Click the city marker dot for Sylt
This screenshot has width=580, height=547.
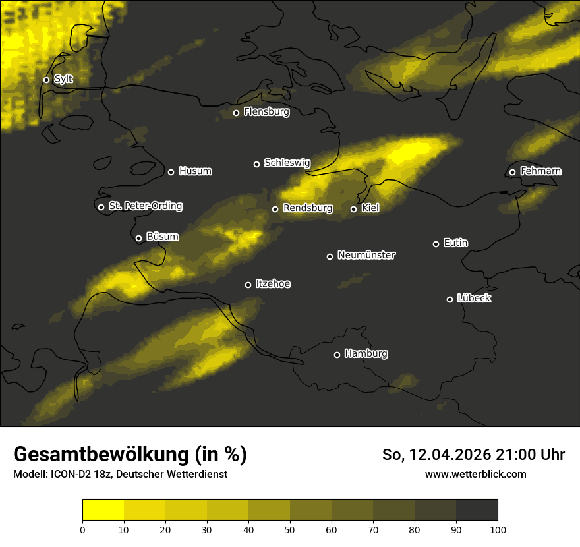pos(46,80)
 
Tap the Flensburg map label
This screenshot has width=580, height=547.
pos(266,112)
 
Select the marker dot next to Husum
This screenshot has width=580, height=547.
pos(171,172)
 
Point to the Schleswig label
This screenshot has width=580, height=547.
pos(287,163)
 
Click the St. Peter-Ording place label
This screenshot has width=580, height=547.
pos(145,206)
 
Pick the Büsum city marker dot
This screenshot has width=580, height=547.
pos(138,239)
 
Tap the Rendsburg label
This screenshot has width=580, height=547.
pos(307,208)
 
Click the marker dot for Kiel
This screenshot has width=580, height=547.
pos(353,209)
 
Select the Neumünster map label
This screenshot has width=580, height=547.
pos(366,255)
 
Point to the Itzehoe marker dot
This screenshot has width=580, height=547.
pos(248,285)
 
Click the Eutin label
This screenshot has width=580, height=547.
pos(455,243)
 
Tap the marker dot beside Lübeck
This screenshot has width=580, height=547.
pos(449,299)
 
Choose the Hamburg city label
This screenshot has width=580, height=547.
pos(366,354)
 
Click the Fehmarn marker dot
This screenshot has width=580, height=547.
pos(512,173)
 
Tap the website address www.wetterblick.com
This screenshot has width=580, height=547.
pos(475,474)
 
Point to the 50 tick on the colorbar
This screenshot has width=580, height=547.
pos(290,529)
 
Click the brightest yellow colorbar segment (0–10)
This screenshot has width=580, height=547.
pos(103,510)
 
